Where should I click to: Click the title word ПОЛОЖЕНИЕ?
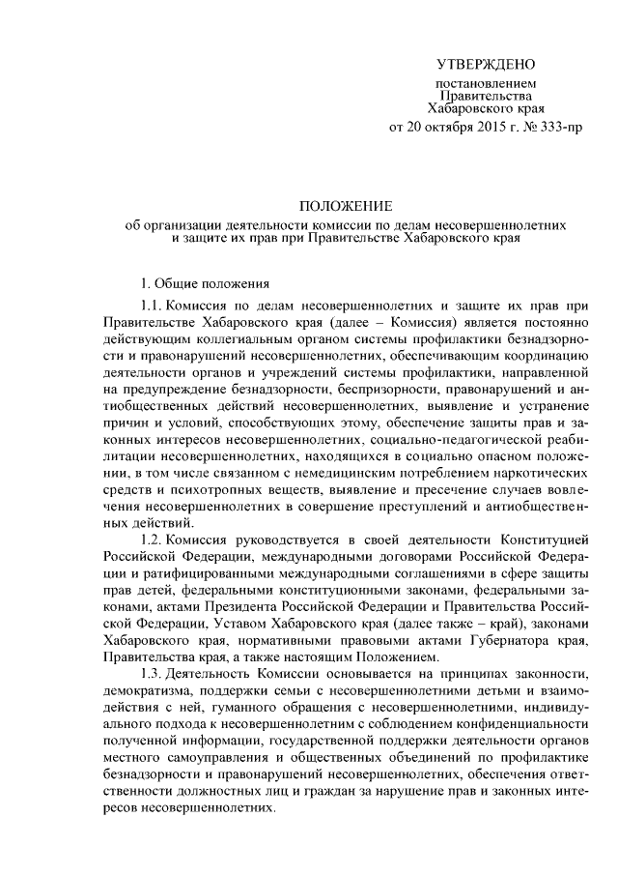(x=345, y=207)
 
